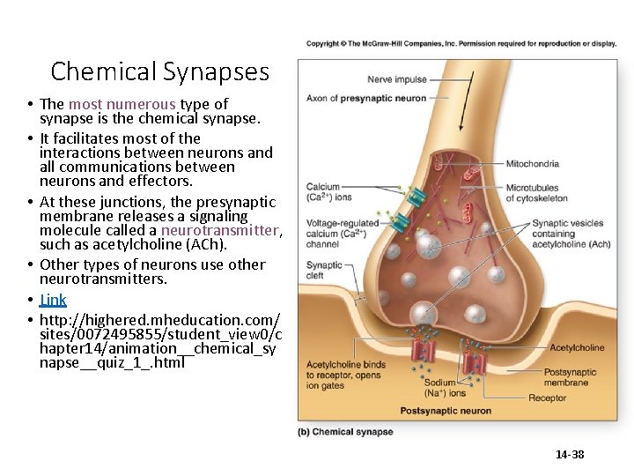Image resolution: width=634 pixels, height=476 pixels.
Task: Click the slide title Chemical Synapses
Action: (x=159, y=71)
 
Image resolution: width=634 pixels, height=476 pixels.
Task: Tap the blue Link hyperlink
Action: (x=53, y=300)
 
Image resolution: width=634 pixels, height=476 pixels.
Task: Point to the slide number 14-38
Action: (x=570, y=455)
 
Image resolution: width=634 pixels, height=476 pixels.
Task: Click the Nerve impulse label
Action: (x=397, y=80)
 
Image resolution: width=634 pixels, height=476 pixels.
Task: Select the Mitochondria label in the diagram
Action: (x=532, y=164)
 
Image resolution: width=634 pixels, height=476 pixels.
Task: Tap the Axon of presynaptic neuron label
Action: (x=365, y=98)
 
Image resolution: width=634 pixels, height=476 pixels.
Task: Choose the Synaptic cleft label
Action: (x=323, y=269)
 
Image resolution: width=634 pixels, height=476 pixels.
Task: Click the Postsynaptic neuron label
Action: (x=446, y=411)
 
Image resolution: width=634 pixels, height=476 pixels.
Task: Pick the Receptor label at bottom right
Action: (x=547, y=398)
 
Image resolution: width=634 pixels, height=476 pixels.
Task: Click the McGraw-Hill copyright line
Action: (x=461, y=43)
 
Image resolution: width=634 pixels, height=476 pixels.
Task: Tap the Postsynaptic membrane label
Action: (x=570, y=377)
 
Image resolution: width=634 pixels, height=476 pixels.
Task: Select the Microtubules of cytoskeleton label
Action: (x=536, y=193)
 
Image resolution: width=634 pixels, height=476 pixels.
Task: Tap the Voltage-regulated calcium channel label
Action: (x=342, y=234)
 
